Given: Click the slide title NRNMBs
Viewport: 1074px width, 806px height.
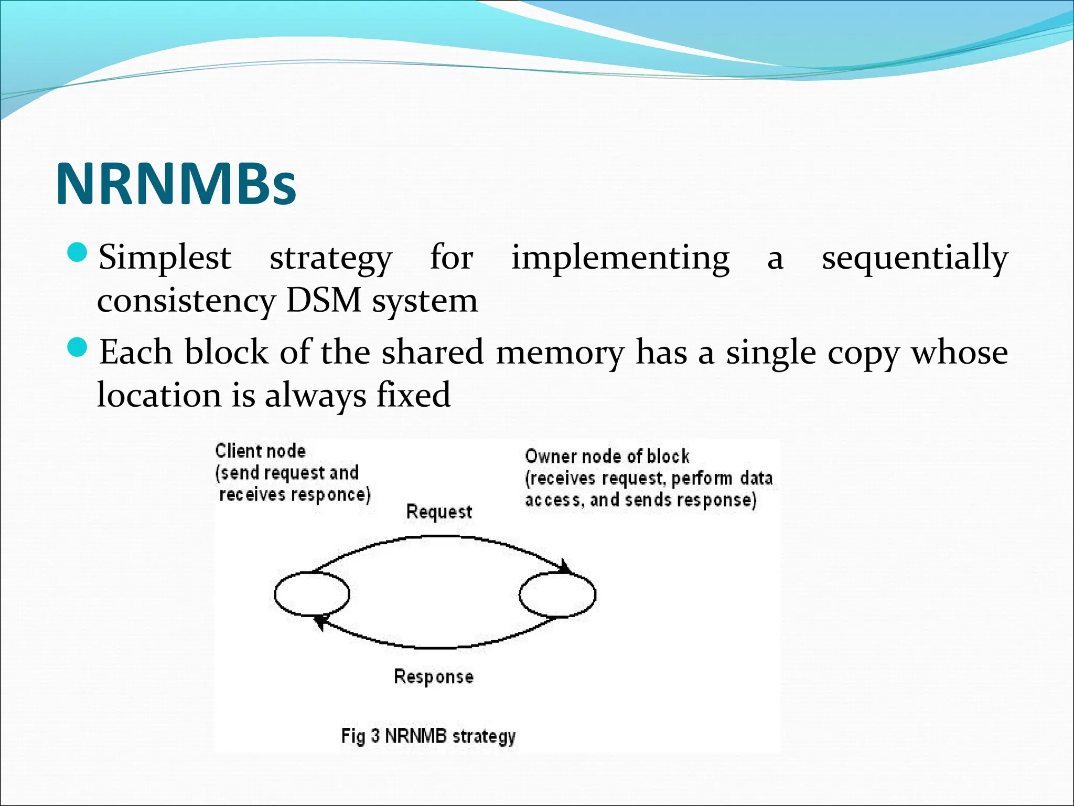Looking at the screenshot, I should (x=176, y=185).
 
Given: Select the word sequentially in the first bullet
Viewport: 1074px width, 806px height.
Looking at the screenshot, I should (x=915, y=258).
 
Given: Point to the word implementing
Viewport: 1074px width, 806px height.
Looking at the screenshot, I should (x=620, y=258).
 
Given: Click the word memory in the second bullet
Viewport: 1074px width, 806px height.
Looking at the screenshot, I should (x=560, y=353).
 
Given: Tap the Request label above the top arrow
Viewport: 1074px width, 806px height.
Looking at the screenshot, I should (x=439, y=512).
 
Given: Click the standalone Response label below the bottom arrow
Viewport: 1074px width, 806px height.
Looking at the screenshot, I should (x=434, y=676).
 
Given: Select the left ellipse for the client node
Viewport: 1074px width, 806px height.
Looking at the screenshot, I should (x=312, y=594).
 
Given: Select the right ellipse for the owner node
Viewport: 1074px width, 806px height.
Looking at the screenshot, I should (x=557, y=594).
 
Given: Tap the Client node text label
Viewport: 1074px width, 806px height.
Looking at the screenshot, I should (x=260, y=451).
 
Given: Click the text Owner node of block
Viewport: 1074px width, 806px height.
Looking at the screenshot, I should (x=607, y=457).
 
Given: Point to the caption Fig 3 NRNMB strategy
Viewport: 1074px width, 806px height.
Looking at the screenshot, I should (x=428, y=736).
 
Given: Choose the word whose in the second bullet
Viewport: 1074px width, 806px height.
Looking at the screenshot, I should (x=959, y=353).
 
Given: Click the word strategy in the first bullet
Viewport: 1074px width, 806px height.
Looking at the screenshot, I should (x=330, y=258).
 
